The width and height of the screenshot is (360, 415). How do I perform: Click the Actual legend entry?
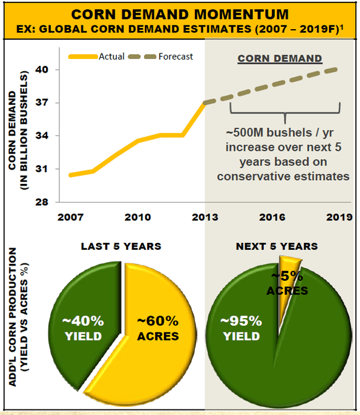112,57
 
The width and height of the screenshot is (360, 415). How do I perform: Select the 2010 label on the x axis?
138,218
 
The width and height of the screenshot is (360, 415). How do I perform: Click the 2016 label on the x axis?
272,218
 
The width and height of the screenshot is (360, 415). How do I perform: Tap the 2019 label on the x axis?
339,218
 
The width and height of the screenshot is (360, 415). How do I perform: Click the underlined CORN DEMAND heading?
281,59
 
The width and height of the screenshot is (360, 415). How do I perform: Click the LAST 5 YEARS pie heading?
121,247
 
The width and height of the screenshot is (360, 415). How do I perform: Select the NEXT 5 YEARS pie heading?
277,247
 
